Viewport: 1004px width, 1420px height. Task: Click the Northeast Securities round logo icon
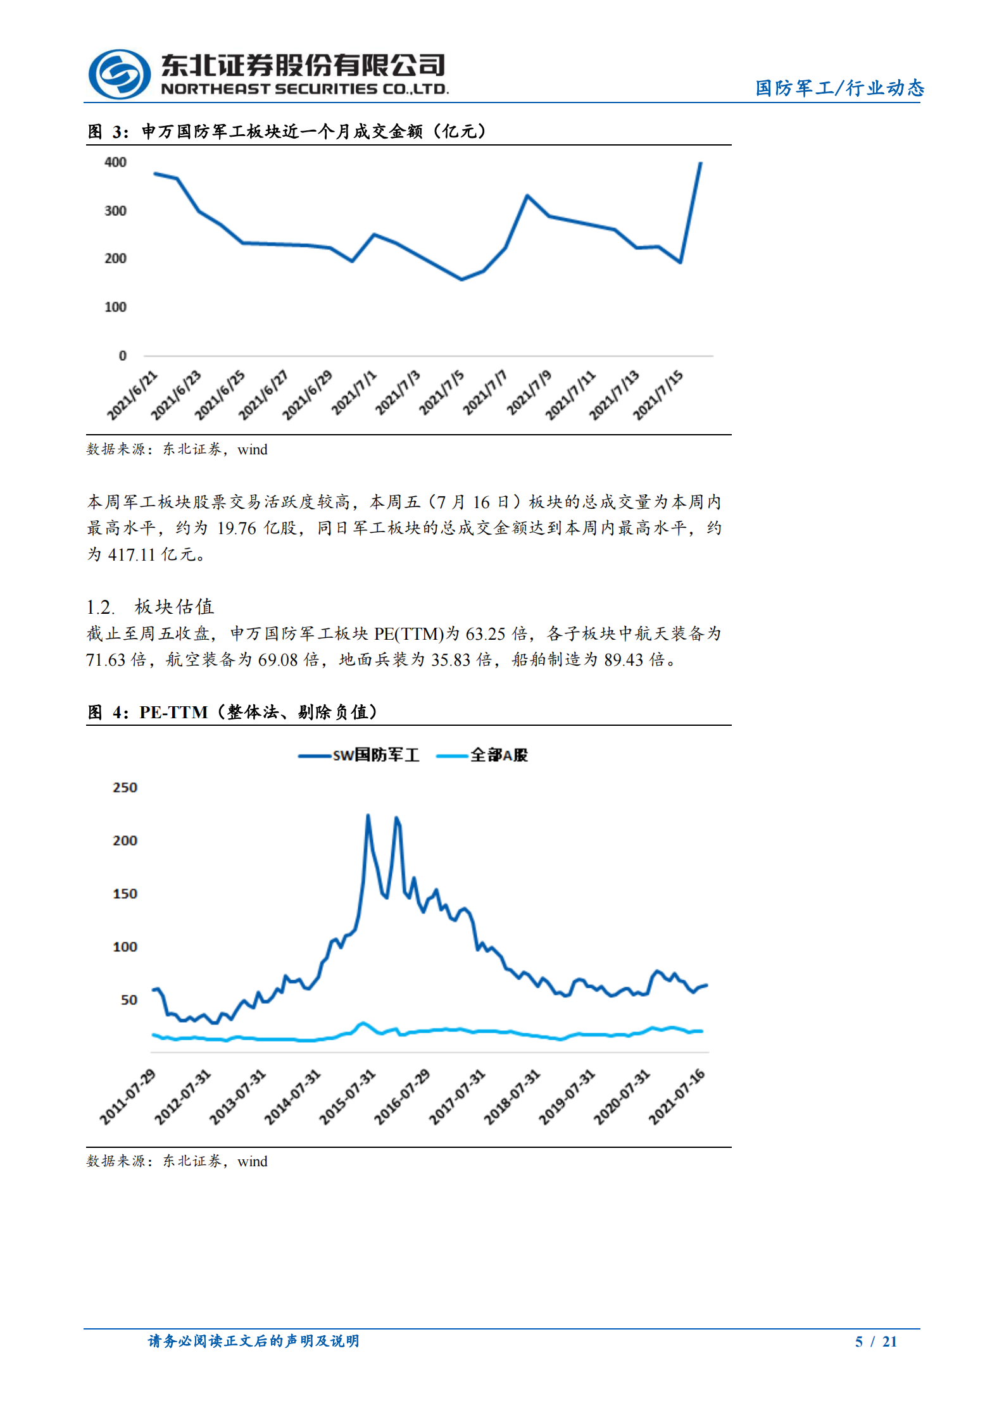[x=119, y=74]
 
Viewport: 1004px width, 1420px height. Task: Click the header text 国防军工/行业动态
[x=839, y=88]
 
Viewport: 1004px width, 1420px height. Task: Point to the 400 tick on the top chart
[x=115, y=163]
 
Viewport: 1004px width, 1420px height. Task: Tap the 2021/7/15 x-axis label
[x=658, y=395]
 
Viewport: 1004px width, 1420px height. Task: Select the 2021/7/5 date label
[x=442, y=393]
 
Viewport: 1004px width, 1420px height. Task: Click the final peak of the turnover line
[x=700, y=163]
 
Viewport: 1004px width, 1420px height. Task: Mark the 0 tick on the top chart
[x=122, y=356]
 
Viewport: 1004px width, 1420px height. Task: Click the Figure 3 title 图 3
[x=108, y=132]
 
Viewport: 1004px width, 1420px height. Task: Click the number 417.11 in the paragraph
[x=132, y=555]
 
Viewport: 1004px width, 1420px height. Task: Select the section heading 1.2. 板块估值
[x=150, y=607]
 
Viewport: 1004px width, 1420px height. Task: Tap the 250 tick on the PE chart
[x=125, y=788]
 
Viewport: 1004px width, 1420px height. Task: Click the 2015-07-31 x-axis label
[x=347, y=1097]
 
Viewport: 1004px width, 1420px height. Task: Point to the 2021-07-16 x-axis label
[x=676, y=1097]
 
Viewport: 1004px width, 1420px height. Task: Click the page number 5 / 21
[x=875, y=1342]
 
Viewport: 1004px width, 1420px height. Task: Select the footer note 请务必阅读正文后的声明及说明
[x=253, y=1341]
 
